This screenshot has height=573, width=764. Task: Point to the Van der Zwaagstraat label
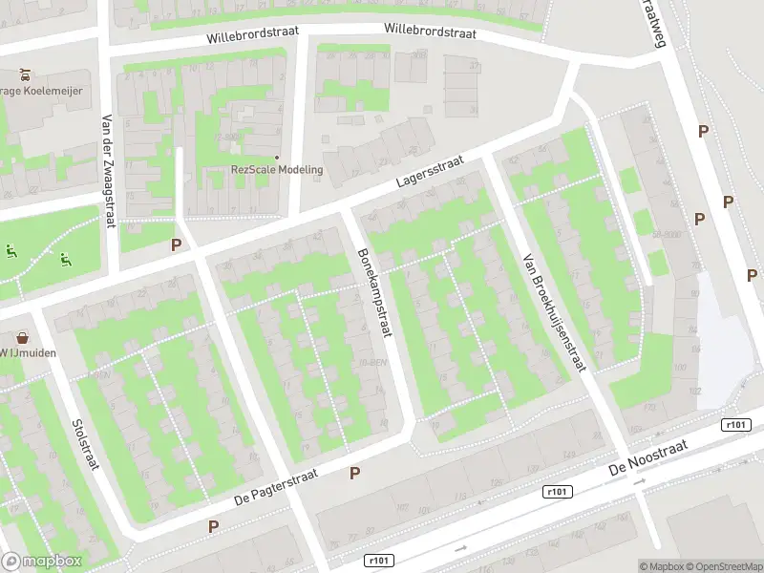coord(108,172)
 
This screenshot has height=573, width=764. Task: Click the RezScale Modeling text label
coord(277,170)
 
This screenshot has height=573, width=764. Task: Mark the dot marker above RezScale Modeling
coord(277,157)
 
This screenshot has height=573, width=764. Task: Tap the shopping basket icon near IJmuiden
coord(21,337)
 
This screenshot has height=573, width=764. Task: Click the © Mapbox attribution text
coord(661,566)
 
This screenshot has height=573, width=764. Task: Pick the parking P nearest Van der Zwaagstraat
coord(176,244)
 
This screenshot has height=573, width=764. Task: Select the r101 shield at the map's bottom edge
coord(379,562)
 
